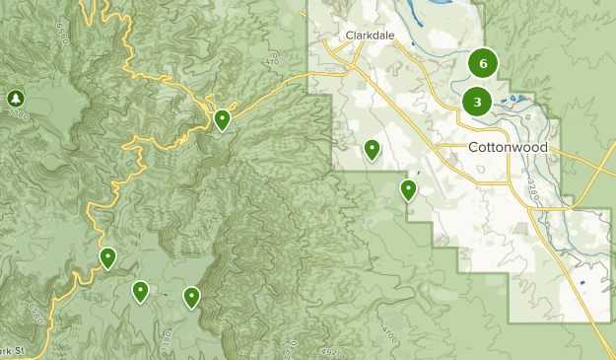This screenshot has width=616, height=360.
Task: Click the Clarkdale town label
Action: tap(370, 36)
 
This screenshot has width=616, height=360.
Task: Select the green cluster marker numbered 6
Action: tap(482, 64)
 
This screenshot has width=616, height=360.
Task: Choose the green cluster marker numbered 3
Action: tap(477, 101)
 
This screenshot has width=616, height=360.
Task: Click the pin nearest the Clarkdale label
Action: tap(372, 149)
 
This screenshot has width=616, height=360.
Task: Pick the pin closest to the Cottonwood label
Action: tap(408, 189)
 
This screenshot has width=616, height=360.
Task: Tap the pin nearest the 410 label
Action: tap(223, 120)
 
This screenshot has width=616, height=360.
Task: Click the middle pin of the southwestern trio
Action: tap(141, 291)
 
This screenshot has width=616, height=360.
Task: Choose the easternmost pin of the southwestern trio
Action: tap(191, 296)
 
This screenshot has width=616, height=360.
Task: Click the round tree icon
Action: tap(15, 98)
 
